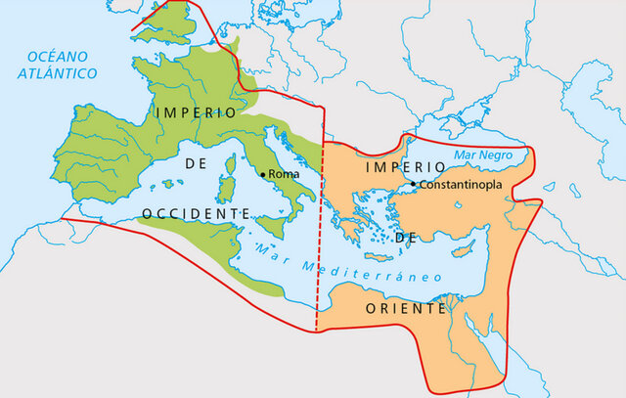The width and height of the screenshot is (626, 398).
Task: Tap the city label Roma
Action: click(x=283, y=174)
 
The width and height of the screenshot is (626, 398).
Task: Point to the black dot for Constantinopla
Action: click(x=415, y=184)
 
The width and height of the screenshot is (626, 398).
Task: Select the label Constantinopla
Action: click(x=461, y=185)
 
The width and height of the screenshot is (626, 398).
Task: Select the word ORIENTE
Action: click(x=404, y=308)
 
